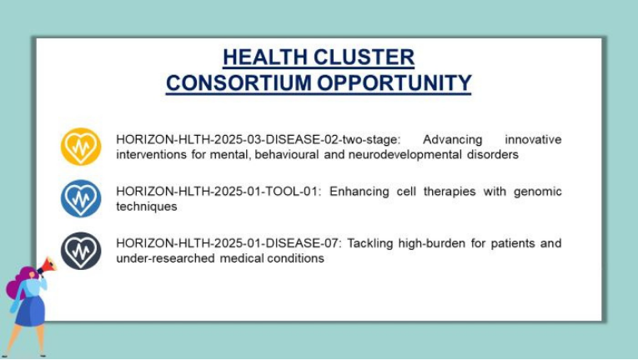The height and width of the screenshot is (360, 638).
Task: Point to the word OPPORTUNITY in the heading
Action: click(394, 82)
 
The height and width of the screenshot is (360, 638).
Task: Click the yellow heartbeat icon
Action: click(81, 147)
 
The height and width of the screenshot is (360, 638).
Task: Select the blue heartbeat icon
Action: click(81, 198)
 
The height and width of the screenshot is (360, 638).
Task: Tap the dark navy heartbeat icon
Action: click(81, 251)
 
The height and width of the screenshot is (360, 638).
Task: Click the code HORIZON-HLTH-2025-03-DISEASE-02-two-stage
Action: click(259, 139)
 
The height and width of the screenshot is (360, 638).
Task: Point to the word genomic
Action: click(537, 192)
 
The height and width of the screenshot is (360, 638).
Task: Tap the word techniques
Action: click(147, 207)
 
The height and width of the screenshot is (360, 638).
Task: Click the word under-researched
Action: click(165, 258)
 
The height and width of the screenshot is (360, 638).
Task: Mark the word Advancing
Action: click(453, 140)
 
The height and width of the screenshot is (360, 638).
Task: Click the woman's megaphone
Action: click(48, 265)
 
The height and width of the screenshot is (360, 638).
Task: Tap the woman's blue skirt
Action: click(31, 311)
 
